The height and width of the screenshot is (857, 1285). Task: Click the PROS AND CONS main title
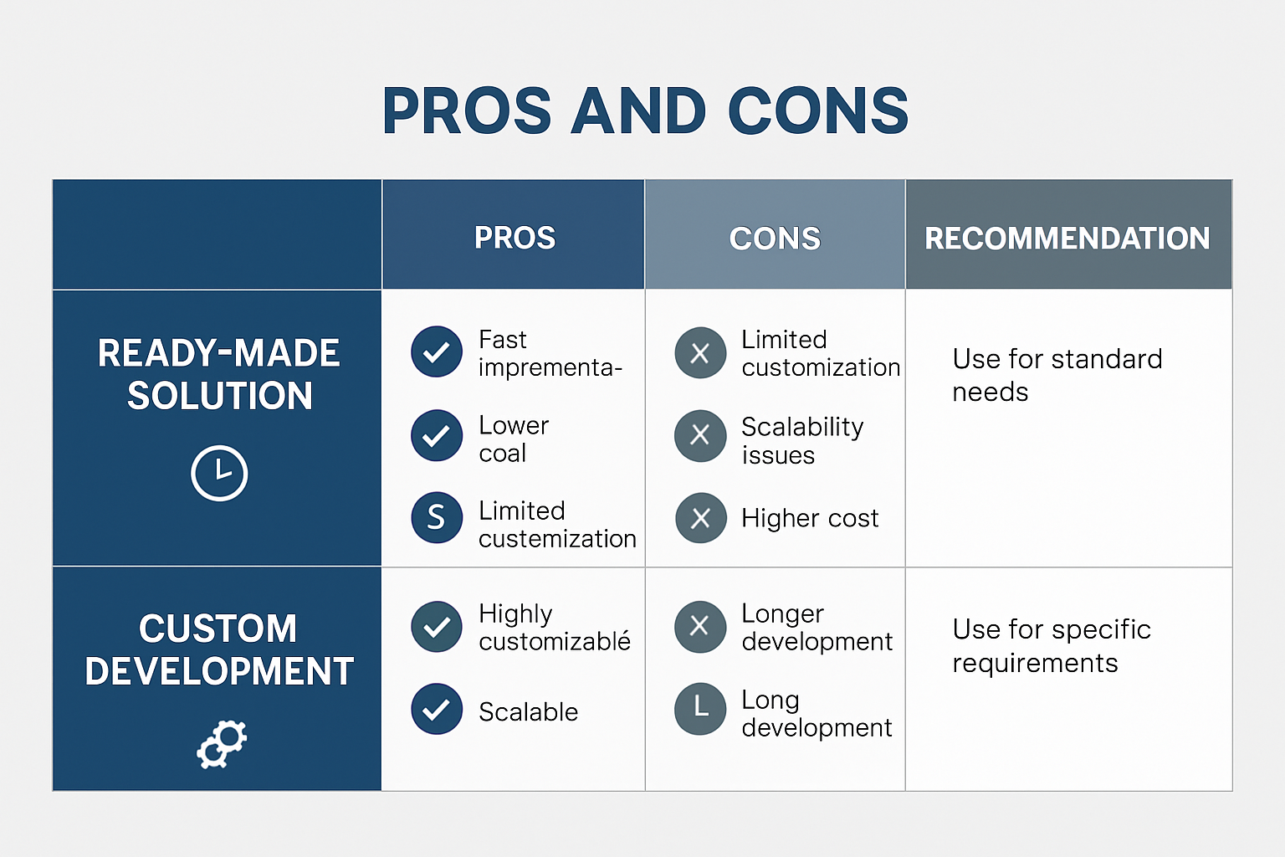645,110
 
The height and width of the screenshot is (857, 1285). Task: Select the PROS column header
515,238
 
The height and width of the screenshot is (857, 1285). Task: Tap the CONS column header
775,239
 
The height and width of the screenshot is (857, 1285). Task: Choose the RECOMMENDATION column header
1067,239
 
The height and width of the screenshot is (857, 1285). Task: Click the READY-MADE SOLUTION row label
218,374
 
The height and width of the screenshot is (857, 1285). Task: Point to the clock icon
219,473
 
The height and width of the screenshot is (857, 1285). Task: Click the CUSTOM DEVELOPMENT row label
218,649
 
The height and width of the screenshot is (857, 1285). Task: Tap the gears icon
222,744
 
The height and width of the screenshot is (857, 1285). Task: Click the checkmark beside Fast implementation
437,352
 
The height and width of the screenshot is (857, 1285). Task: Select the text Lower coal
514,439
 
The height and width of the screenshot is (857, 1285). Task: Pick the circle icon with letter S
437,517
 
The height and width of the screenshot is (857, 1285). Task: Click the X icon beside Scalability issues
700,436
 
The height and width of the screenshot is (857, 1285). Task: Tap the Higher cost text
810,518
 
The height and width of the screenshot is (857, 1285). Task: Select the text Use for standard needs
1057,376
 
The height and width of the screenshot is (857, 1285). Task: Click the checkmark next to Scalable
437,709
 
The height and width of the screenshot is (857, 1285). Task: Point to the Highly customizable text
555,628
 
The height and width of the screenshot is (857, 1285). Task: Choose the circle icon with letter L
700,709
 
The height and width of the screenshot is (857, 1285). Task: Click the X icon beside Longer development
700,626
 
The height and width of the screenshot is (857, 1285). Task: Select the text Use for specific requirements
1052,646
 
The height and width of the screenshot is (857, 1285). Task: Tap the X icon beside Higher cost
700,518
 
